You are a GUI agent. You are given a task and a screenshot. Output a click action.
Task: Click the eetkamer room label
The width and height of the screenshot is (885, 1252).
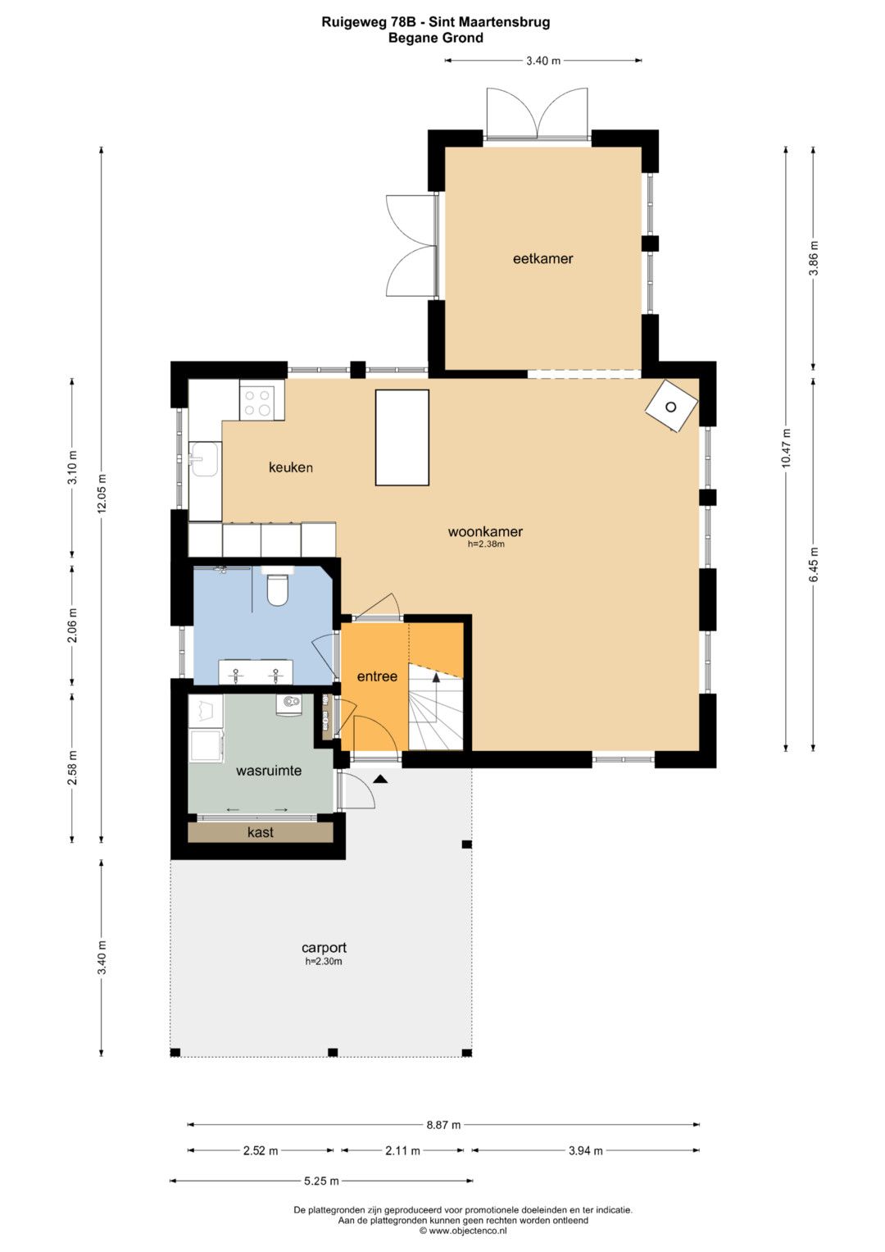point(542,258)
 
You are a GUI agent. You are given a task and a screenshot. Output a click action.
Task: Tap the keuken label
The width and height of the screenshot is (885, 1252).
point(291,467)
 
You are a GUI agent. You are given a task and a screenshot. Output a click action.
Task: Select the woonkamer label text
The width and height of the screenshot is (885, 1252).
point(485,531)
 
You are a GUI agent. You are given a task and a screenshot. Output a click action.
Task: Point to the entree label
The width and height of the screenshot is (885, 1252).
point(377,676)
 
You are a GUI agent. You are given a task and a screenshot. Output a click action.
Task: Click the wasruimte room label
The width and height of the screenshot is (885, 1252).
point(269,771)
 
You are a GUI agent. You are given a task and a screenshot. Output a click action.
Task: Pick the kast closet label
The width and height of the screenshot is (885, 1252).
point(261,832)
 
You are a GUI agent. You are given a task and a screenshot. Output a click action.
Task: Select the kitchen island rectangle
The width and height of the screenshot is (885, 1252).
point(402,438)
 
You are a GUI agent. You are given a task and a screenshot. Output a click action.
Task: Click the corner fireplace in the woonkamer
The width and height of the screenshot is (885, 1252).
point(671,407)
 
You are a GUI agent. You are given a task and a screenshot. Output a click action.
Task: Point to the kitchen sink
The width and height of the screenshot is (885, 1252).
point(205,459)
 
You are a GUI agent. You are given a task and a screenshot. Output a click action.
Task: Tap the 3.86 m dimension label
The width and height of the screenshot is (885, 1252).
point(814,257)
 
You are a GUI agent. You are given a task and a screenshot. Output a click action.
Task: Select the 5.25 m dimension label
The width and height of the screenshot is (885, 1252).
point(321,1181)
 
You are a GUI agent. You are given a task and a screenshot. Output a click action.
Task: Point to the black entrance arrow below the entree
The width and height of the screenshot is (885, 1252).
point(380,779)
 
